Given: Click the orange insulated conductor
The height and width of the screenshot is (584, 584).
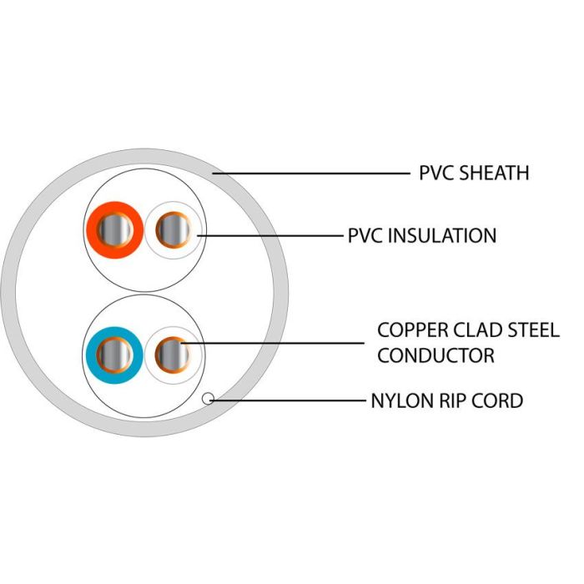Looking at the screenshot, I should click(113, 229).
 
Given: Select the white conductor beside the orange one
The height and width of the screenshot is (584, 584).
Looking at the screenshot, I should click(174, 229).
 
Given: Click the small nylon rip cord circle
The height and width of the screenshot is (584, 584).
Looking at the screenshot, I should click(209, 400).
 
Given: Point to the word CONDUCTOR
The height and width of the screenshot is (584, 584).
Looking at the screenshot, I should click(435, 356).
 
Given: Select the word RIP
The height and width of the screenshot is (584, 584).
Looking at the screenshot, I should click(451, 401).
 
